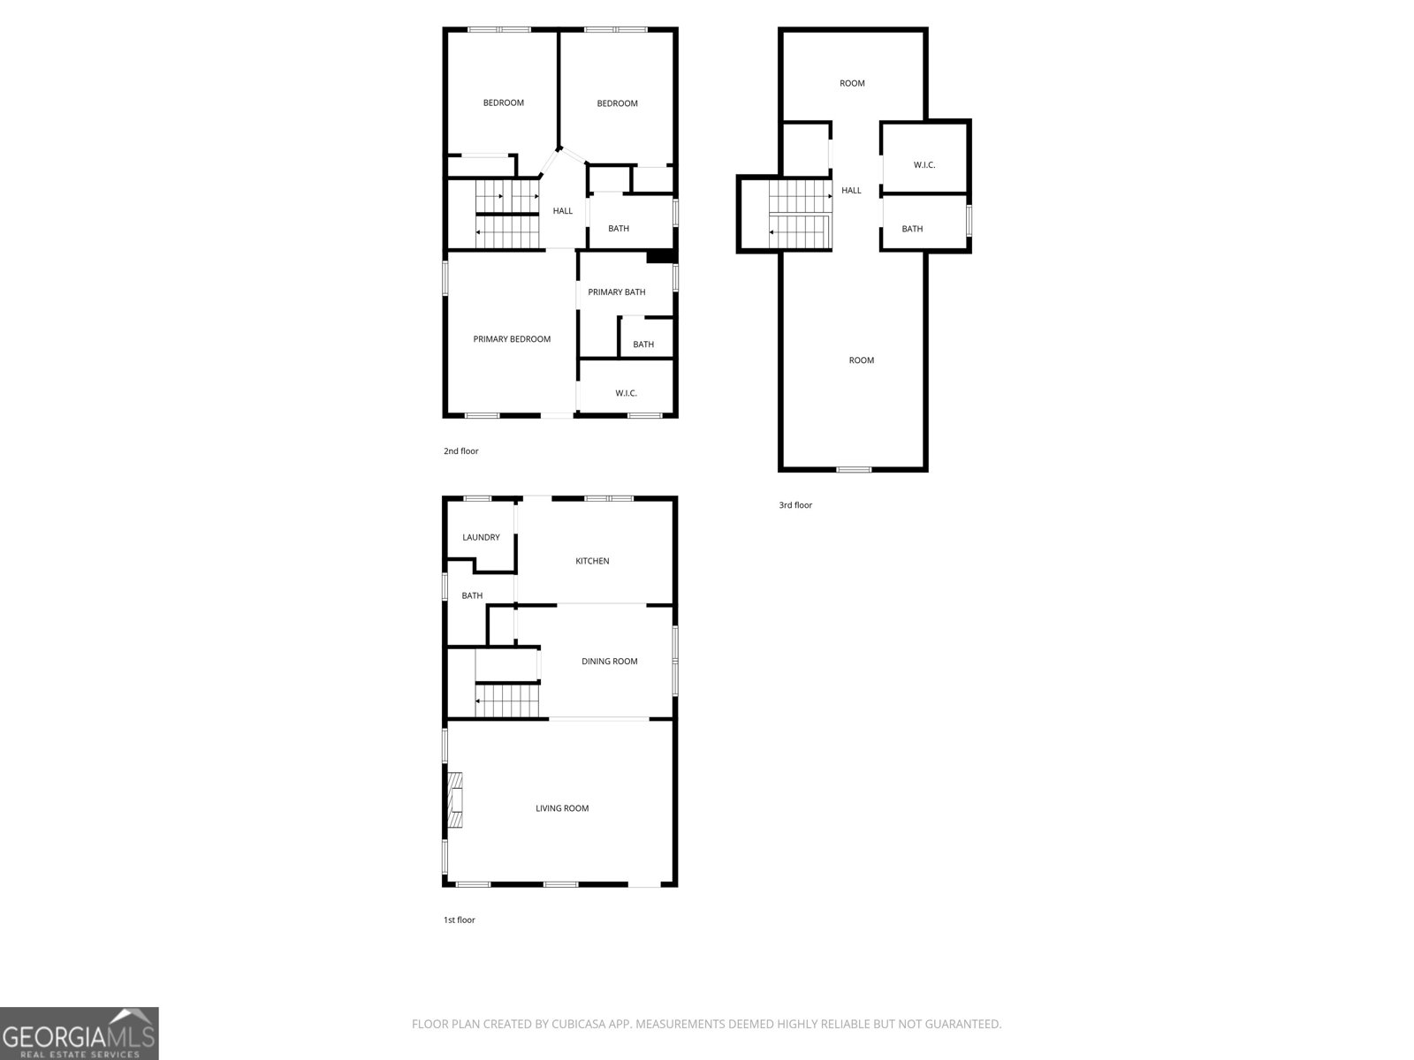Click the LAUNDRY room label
481,537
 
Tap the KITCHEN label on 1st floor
592,561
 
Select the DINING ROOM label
609,661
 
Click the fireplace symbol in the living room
455,800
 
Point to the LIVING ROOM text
562,808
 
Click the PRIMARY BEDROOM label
512,339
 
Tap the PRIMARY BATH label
617,292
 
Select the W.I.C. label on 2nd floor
626,393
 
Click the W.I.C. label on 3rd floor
924,165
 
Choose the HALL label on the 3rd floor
851,190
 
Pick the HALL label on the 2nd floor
563,211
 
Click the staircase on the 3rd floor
799,214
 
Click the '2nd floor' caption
460,451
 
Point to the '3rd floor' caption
794,505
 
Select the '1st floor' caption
459,920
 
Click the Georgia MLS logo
79,1033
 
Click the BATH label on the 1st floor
472,595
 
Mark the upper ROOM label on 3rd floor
852,83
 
